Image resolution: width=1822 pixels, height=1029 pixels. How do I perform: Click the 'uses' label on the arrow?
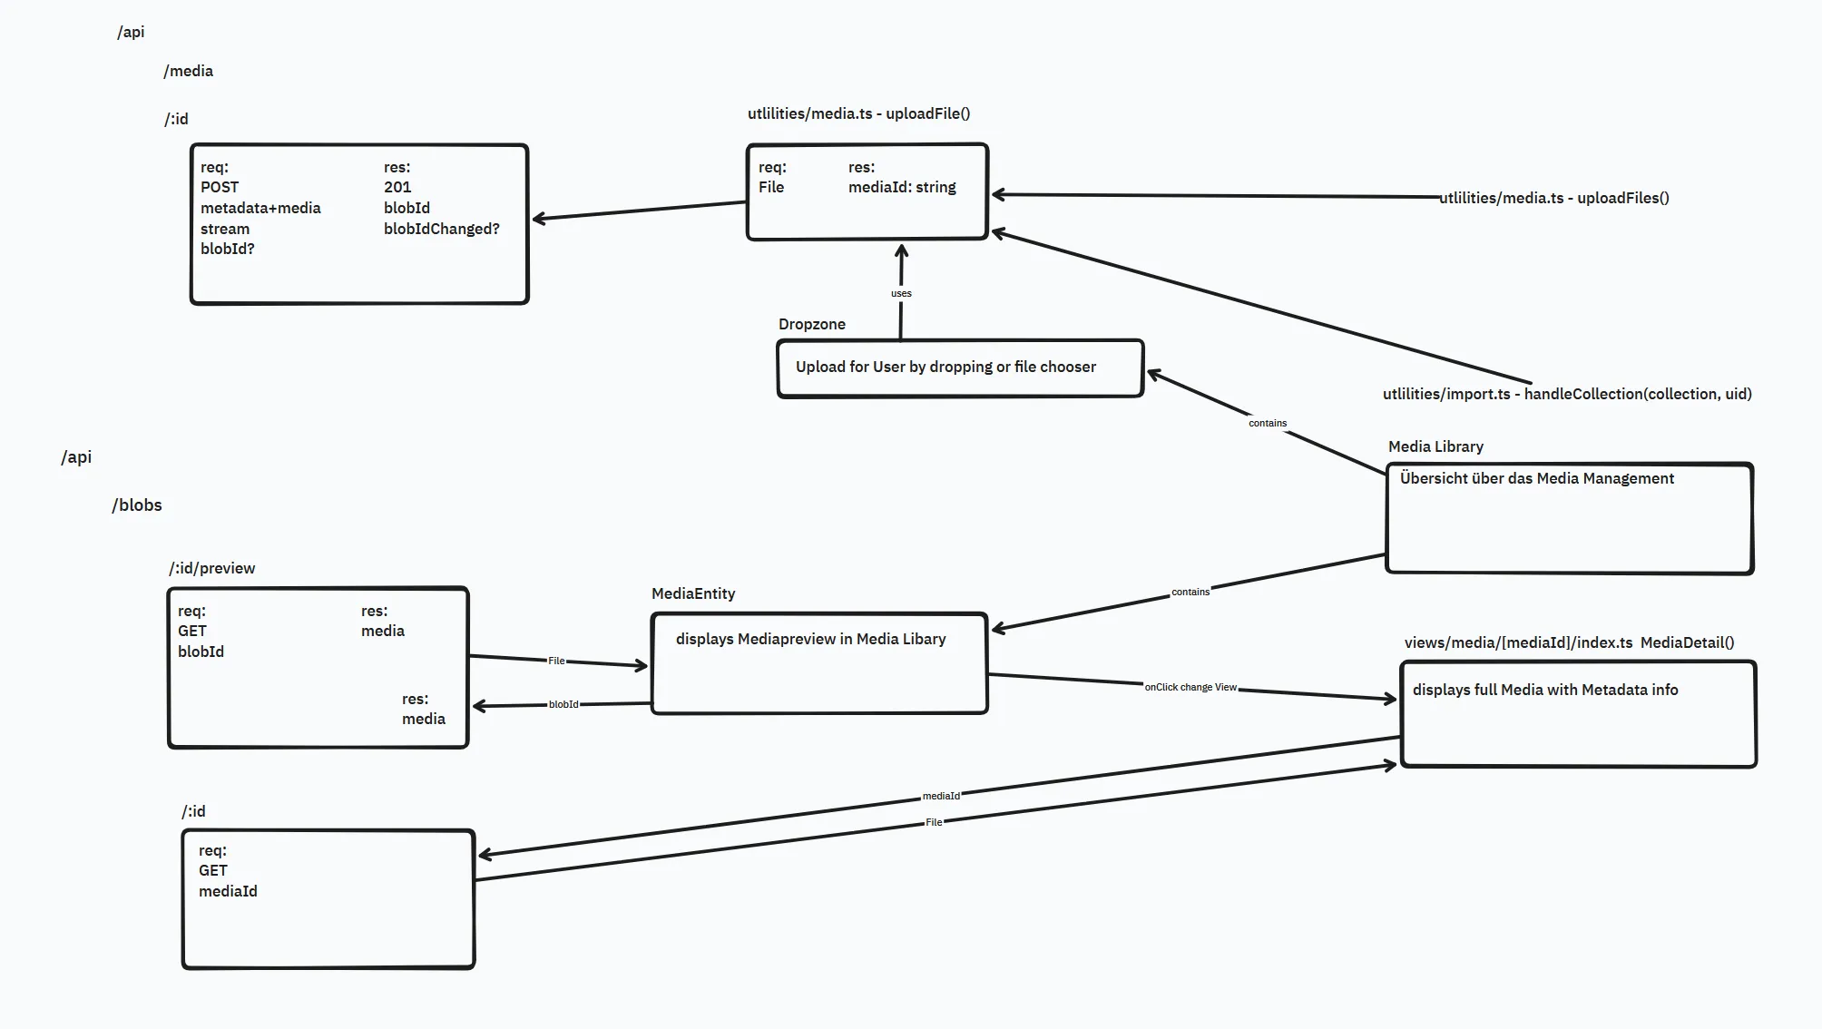coord(901,293)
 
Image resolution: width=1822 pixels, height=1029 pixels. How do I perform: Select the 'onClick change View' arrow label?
coord(1190,687)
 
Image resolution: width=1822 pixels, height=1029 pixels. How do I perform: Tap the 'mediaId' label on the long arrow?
coord(941,796)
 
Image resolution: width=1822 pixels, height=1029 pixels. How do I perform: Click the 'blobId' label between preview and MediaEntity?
coord(563,704)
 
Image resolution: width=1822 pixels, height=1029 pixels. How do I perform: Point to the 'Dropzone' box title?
coord(812,324)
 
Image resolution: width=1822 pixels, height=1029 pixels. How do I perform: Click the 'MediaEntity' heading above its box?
coord(693,593)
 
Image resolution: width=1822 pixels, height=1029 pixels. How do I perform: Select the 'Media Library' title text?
coord(1435,446)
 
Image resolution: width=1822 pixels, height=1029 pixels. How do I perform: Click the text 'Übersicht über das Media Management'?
coord(1536,478)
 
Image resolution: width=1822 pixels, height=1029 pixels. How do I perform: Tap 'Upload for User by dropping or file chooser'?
coord(945,367)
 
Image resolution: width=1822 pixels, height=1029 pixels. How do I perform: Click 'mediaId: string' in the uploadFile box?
coord(902,187)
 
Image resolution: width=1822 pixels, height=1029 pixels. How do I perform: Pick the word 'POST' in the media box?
coord(220,187)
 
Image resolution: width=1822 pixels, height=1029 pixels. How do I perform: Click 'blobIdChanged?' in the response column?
coord(441,229)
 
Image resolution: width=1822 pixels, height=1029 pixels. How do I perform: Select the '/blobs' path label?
coord(137,505)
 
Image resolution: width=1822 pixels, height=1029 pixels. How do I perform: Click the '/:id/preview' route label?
coord(212,568)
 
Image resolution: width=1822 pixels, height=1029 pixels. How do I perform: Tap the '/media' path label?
coord(189,71)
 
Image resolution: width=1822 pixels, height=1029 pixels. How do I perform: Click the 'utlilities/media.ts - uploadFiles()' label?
coord(1553,198)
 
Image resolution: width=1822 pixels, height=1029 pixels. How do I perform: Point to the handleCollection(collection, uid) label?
coord(1567,394)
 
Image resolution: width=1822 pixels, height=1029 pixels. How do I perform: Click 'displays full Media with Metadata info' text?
coord(1544,690)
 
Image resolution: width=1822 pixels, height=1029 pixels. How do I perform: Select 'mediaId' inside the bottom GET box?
coord(228,891)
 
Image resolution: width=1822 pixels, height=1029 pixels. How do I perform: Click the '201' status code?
coord(397,187)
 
